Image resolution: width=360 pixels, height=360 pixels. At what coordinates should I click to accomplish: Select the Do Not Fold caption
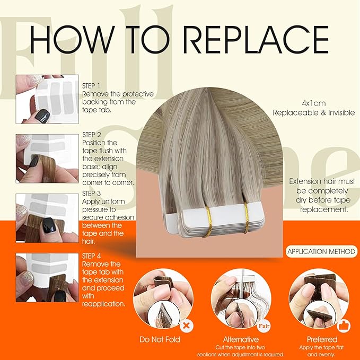pyautogui.click(x=160, y=339)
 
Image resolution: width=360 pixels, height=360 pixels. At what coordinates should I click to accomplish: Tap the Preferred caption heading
pyautogui.click(x=321, y=339)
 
